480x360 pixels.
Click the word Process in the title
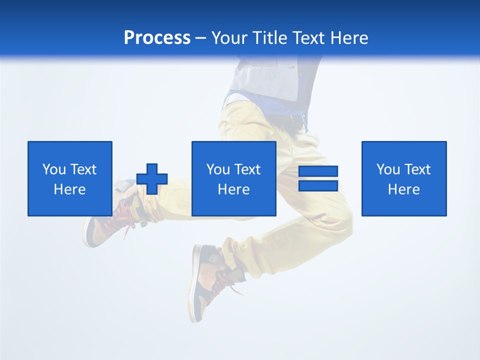pos(157,38)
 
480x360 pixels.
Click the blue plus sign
pos(152,179)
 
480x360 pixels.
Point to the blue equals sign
pos(318,178)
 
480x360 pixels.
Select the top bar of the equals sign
pos(318,171)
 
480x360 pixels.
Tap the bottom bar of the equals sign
pos(318,185)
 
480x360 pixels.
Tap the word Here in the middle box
pos(234,189)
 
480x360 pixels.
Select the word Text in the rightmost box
pos(417,169)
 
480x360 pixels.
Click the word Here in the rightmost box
pos(404,189)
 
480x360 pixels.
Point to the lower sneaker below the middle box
pos(207,280)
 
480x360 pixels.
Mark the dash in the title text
pos(201,38)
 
